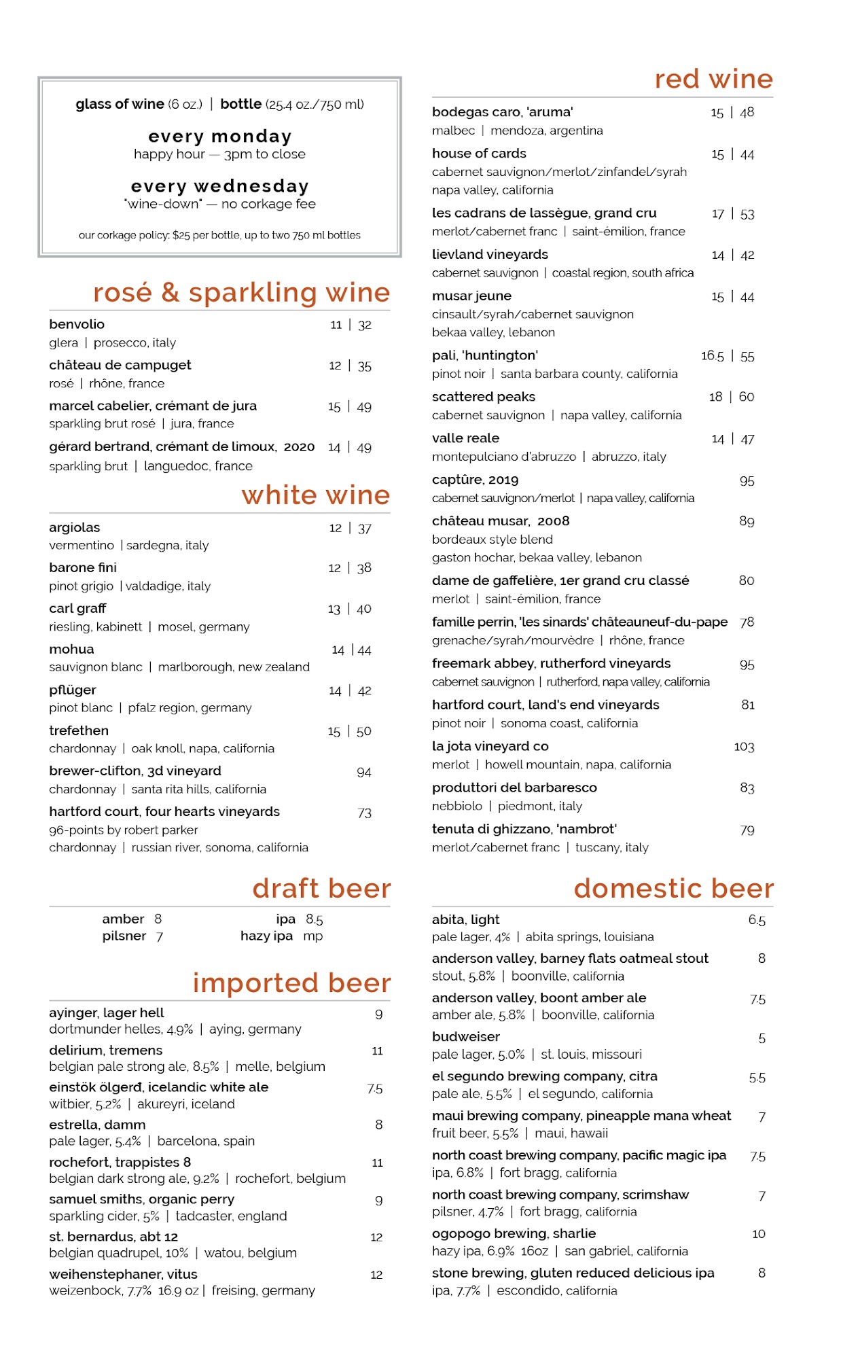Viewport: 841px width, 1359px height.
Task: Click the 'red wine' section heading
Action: (713, 80)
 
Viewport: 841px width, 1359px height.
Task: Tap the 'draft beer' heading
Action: (321, 889)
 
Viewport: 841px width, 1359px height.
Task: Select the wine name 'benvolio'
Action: (77, 324)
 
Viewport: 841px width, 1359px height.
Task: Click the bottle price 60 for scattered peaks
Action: (746, 397)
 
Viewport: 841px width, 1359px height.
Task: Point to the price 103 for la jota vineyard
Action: (744, 747)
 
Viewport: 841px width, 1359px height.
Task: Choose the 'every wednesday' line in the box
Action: (219, 186)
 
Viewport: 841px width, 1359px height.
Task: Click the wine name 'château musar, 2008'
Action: (501, 521)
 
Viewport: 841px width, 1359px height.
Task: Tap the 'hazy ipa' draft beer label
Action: (266, 936)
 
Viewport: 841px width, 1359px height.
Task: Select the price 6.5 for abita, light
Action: (757, 920)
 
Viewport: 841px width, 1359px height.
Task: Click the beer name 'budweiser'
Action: (466, 1037)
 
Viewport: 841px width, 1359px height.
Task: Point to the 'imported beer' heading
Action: (291, 983)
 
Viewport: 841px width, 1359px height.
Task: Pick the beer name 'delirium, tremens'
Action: (106, 1050)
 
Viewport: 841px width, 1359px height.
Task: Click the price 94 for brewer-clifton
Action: (364, 772)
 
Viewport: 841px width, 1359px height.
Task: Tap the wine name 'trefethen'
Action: (79, 730)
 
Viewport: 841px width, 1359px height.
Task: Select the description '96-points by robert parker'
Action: (124, 830)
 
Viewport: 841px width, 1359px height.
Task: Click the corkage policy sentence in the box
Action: (219, 235)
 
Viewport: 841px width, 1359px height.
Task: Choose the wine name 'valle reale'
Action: (465, 438)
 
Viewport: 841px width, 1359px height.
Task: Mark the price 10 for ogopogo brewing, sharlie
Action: (759, 1234)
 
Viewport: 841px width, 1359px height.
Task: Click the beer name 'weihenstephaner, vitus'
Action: (123, 1274)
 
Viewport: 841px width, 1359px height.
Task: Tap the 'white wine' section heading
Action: (315, 495)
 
